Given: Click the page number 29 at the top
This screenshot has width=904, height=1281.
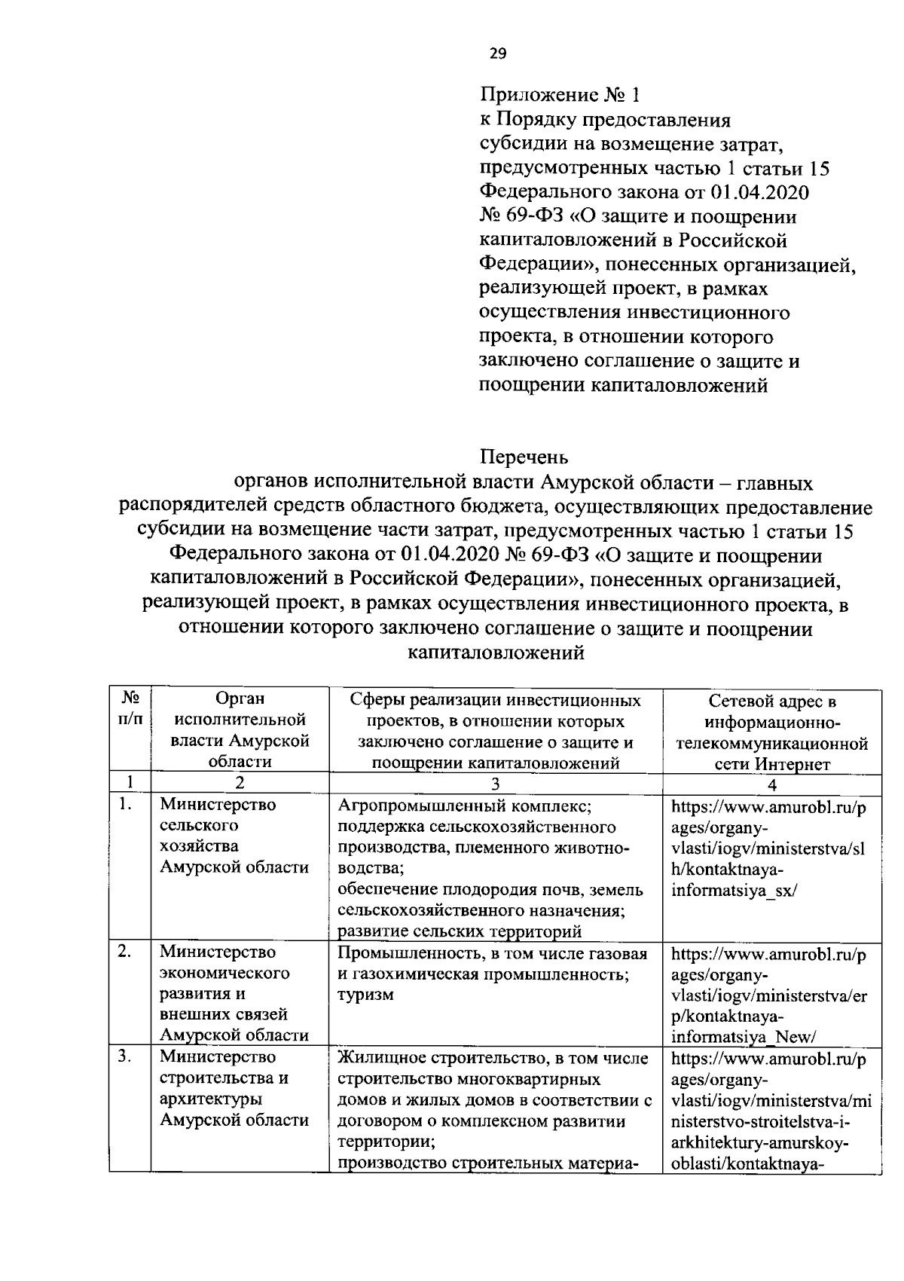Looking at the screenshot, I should [x=498, y=54].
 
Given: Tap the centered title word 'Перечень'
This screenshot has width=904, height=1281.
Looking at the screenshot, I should [x=524, y=457].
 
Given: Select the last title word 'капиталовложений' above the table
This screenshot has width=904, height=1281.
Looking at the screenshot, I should [x=496, y=653].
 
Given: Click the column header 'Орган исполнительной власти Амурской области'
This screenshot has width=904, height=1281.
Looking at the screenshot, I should [x=240, y=730].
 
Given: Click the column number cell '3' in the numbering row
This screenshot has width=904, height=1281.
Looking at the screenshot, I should [x=496, y=784].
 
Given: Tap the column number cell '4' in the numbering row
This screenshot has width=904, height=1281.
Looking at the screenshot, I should [x=772, y=784].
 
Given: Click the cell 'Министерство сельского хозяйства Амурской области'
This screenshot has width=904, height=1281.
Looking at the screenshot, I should [x=234, y=836].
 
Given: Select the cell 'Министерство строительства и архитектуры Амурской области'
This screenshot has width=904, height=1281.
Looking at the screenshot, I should [x=234, y=1088].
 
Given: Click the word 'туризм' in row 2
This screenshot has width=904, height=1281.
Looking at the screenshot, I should [x=365, y=995].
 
